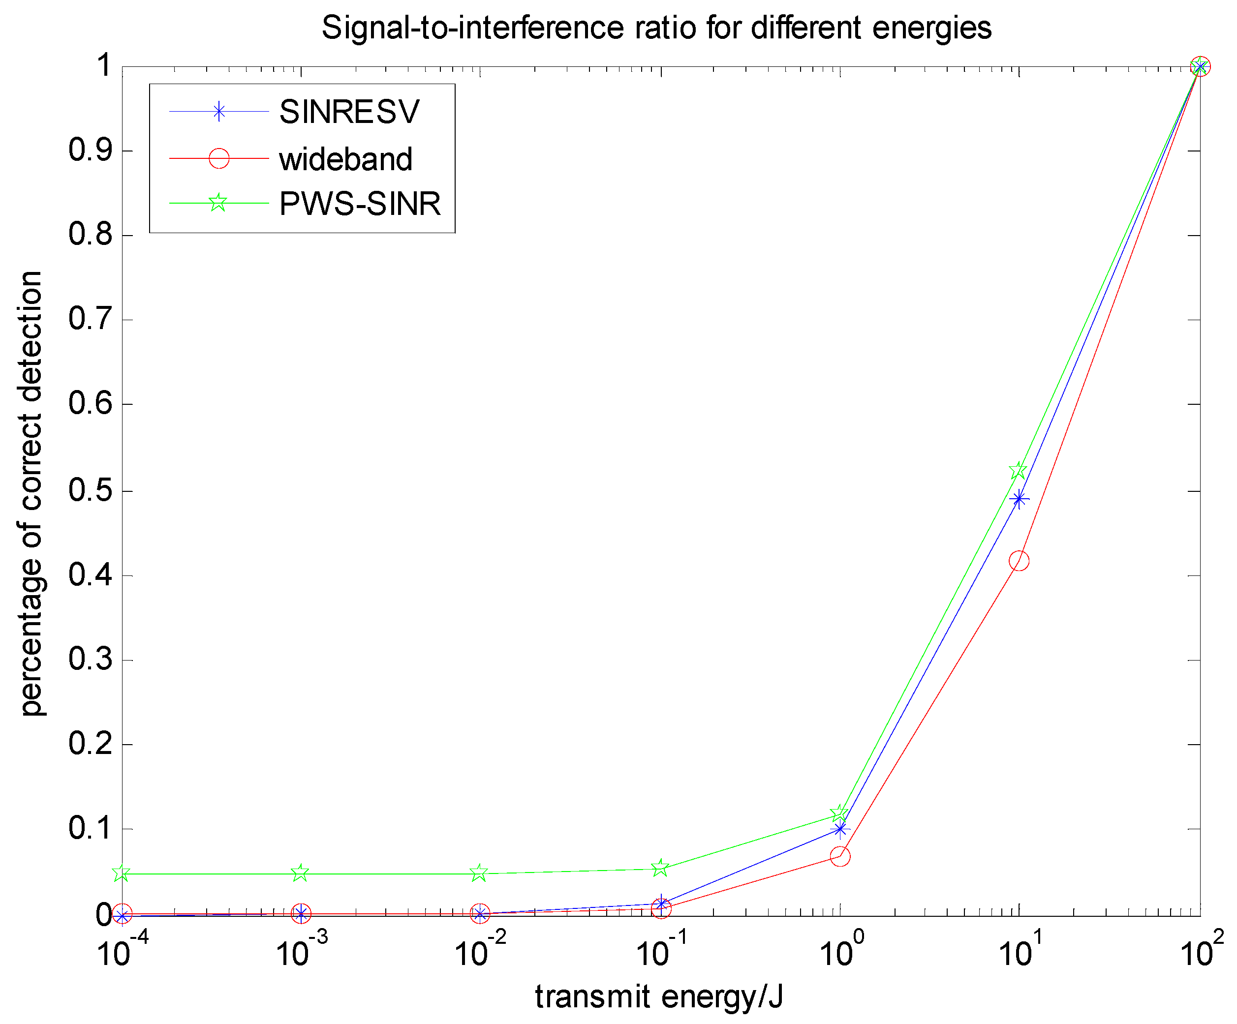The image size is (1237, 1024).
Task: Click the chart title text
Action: click(656, 28)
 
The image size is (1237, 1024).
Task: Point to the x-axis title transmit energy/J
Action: click(658, 996)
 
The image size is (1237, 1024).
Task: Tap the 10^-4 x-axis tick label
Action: click(123, 952)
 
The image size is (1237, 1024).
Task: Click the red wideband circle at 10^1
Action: click(1019, 561)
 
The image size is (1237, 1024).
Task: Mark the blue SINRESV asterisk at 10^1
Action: click(1019, 499)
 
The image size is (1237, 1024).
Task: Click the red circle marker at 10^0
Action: click(840, 856)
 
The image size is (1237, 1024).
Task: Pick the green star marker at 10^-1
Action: click(660, 868)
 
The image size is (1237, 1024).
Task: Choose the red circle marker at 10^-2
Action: click(480, 914)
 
